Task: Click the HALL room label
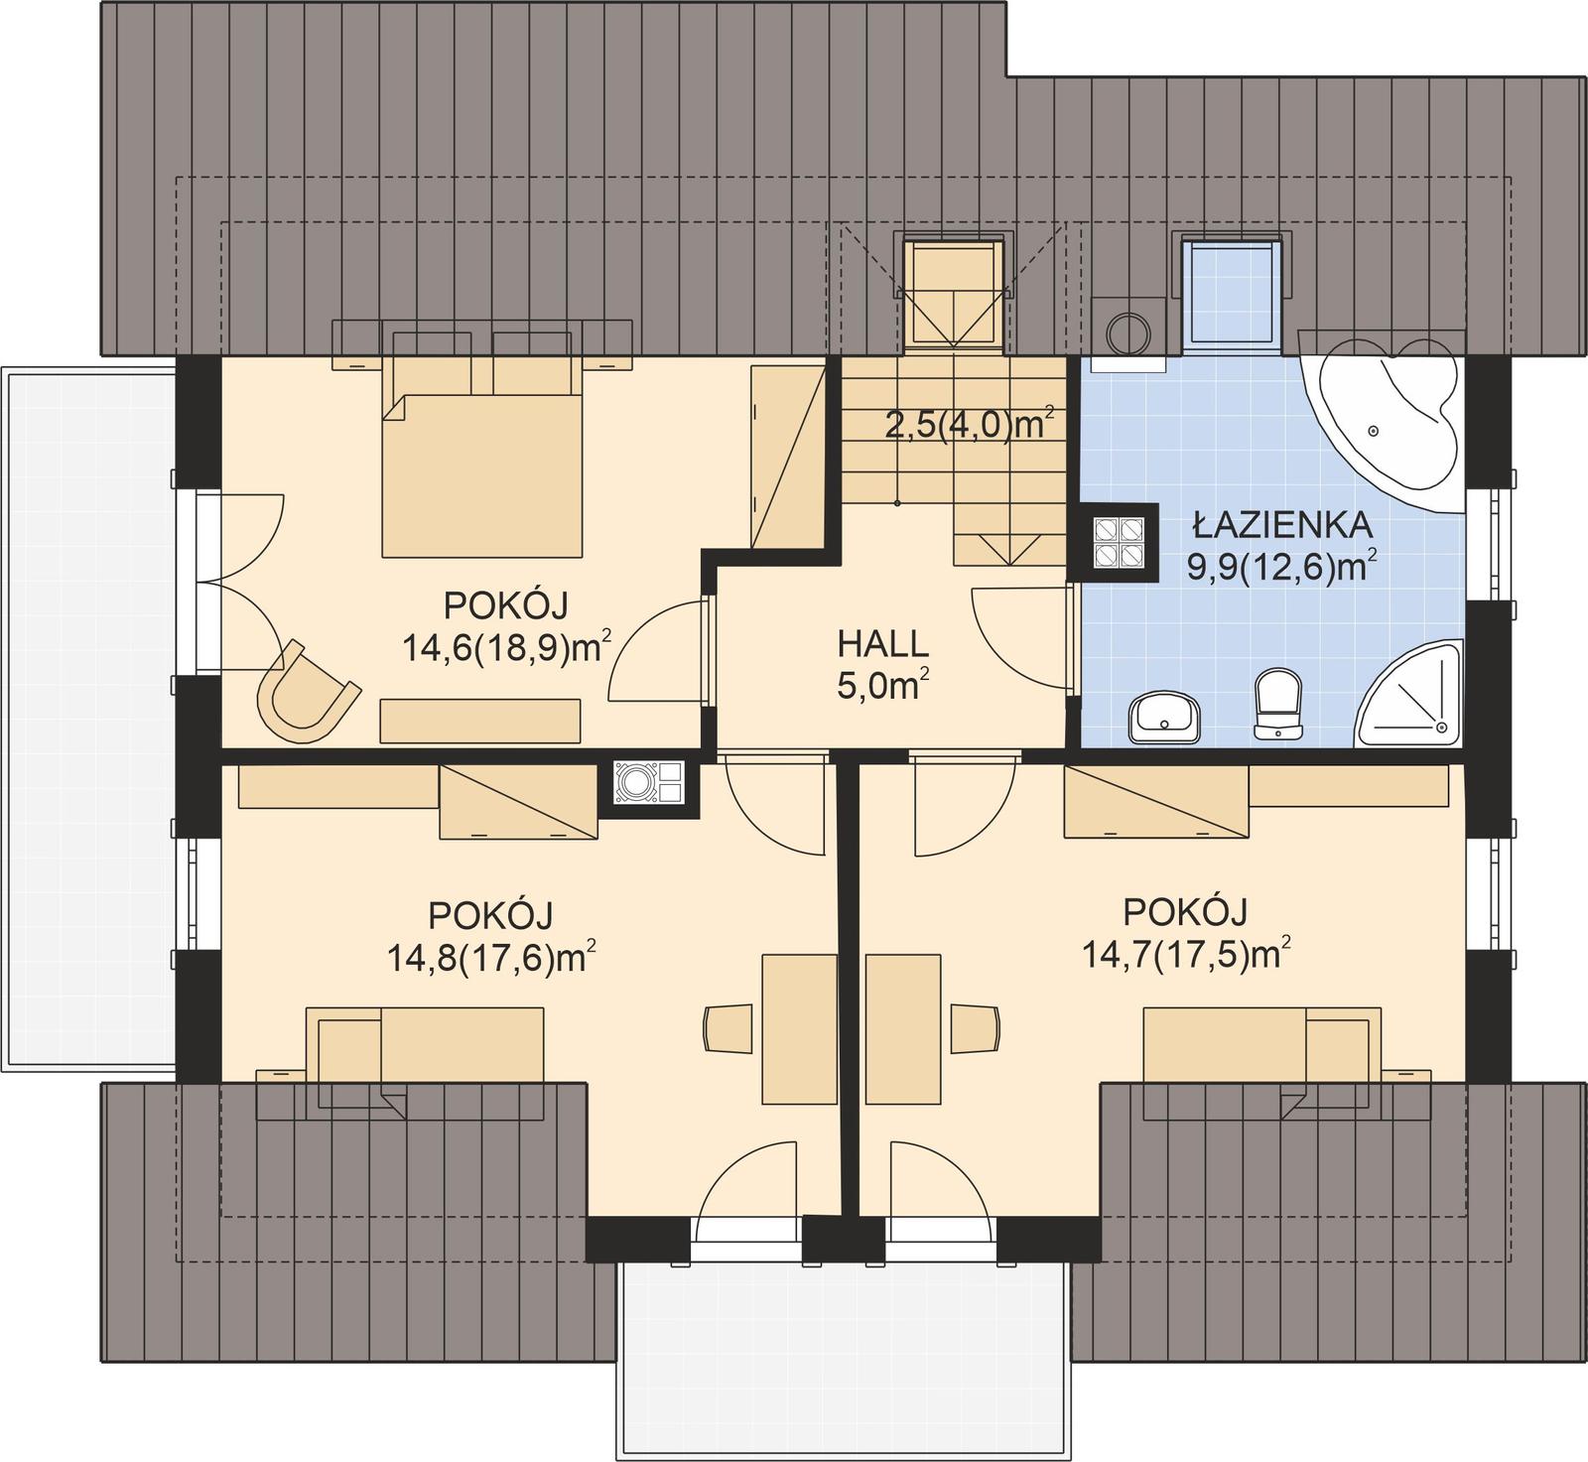[883, 643]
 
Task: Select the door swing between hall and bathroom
[1022, 635]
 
